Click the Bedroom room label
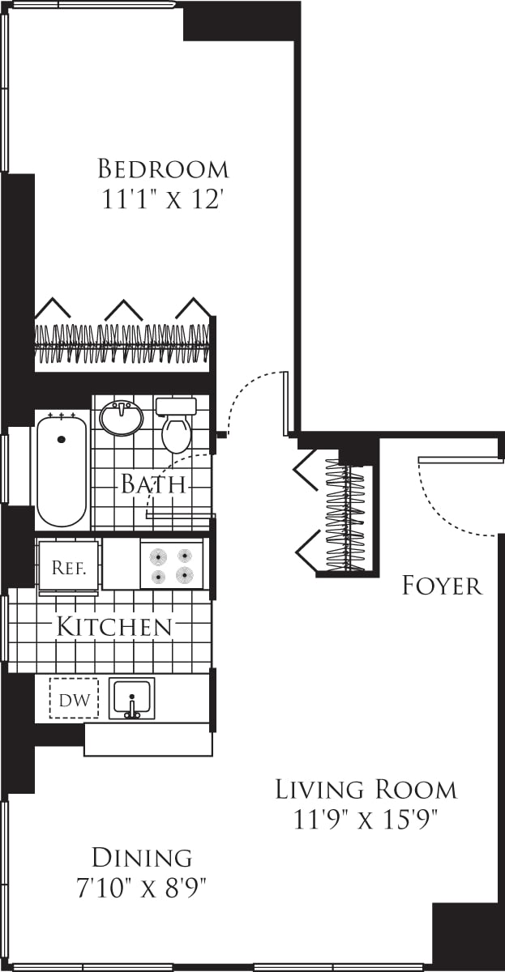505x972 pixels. point(163,169)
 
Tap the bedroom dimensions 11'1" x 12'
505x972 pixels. point(163,200)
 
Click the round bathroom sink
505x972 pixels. point(122,418)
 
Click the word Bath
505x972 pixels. point(153,485)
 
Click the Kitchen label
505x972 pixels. point(114,626)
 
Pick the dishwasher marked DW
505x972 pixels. point(74,698)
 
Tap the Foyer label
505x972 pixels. point(442,586)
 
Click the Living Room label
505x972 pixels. point(366,789)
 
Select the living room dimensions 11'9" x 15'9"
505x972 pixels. point(366,821)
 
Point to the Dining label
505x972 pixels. point(142,857)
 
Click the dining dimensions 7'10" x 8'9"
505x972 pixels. point(142,888)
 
